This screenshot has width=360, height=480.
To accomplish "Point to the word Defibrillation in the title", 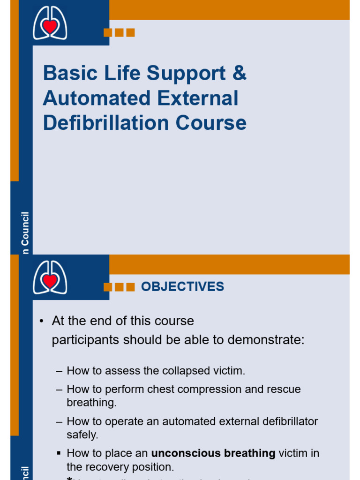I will [x=106, y=123].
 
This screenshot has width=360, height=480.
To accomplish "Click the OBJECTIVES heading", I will [x=182, y=287].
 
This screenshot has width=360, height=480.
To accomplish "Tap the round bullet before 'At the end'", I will [x=42, y=321].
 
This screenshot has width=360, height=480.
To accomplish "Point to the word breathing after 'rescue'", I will [x=91, y=403].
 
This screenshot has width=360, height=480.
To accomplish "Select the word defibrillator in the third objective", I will [x=287, y=421].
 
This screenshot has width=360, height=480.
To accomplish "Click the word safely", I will [x=82, y=435].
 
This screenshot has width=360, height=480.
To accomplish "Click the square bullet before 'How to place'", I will [x=59, y=453].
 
